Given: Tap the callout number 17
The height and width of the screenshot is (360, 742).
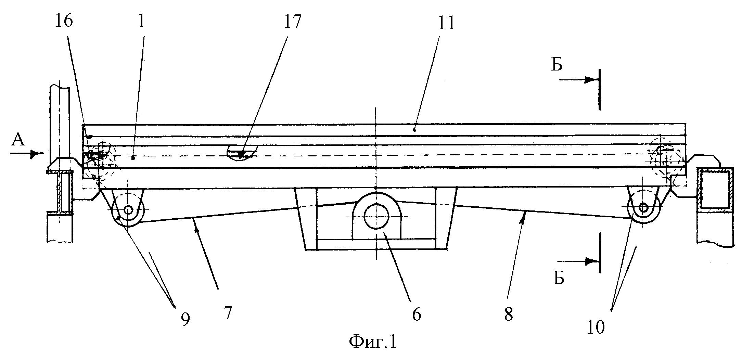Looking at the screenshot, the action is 291,21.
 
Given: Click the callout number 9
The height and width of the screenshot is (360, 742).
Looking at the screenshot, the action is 185,320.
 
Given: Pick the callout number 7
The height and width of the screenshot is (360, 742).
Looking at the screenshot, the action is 228,313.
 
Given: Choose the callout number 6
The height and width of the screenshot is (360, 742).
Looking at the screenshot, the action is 416,314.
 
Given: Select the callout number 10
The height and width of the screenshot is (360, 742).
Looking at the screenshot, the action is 596,327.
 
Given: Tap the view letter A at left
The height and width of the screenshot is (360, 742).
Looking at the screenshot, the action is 18,140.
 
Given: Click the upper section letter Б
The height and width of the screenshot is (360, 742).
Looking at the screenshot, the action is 557,65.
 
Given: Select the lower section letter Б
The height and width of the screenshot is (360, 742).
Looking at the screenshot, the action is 559,279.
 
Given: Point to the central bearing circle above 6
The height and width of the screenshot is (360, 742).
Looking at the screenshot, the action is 376,217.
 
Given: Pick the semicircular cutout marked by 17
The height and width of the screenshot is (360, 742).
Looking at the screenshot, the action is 242,152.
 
